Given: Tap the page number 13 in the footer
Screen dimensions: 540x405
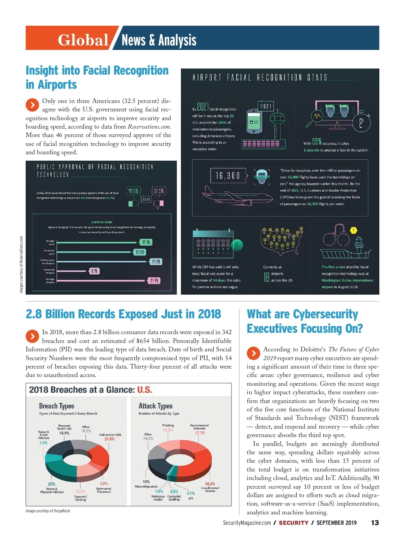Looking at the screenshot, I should pyautogui.click(x=375, y=523).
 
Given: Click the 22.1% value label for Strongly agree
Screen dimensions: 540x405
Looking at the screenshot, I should pyautogui.click(x=146, y=242).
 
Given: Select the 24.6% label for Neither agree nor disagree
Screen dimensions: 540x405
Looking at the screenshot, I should pyautogui.click(x=156, y=262).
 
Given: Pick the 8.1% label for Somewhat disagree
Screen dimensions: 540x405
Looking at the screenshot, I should pyautogui.click(x=94, y=271).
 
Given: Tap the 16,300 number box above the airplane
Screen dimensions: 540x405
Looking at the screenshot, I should pyautogui.click(x=228, y=175).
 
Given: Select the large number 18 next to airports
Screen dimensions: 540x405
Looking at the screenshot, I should pyautogui.click(x=266, y=277).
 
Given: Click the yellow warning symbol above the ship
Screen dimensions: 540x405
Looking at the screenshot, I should pyautogui.click(x=353, y=231).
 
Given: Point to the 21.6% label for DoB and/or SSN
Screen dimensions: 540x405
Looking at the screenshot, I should pyautogui.click(x=110, y=439).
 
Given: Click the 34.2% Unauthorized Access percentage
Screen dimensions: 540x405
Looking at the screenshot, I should pyautogui.click(x=210, y=484).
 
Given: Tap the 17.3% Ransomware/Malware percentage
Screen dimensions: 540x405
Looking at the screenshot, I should pyautogui.click(x=200, y=433).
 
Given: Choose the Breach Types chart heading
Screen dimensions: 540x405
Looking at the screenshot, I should pyautogui.click(x=57, y=406).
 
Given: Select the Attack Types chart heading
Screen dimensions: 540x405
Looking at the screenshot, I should pyautogui.click(x=156, y=406).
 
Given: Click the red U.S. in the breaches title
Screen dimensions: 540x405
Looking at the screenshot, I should pyautogui.click(x=145, y=390).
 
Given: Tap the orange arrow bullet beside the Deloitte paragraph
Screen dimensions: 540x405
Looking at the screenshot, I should pyautogui.click(x=253, y=353).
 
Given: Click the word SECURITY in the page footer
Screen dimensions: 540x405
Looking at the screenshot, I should pyautogui.click(x=294, y=523).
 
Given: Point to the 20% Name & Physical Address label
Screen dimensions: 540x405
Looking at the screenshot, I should pyautogui.click(x=52, y=484).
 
